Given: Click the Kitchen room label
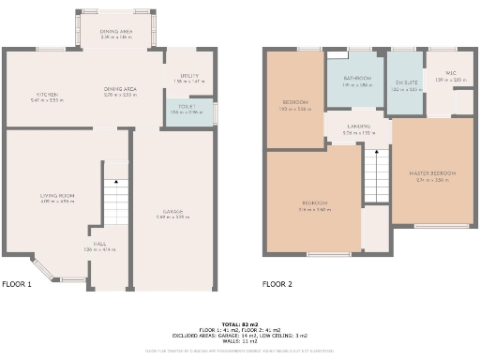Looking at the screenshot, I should click(48, 95).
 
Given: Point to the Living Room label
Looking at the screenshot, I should click(57, 197).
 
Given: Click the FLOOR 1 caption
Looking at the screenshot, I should click(17, 284).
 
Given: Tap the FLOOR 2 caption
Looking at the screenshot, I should click(277, 284).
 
